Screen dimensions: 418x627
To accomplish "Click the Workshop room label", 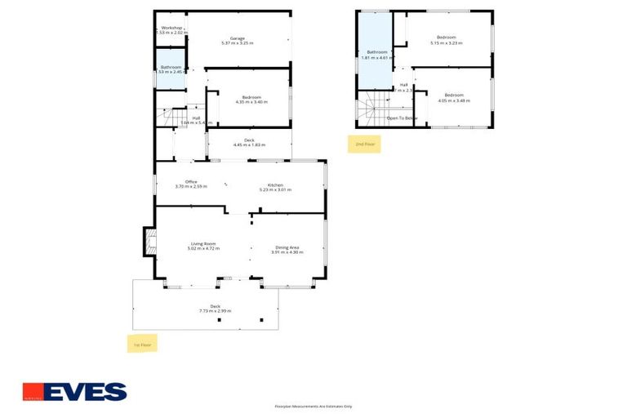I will coord(171,30).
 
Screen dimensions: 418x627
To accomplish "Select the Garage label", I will coord(238,40).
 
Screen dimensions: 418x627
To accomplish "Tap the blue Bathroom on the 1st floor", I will coord(171,69).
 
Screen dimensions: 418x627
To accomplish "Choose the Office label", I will coord(191,184).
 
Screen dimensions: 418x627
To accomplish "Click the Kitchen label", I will coord(275,187).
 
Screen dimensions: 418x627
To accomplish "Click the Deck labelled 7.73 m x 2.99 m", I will coord(215,309).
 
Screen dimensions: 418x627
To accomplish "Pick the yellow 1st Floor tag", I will coord(143,345).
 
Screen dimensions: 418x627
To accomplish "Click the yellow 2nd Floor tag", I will coord(364,144).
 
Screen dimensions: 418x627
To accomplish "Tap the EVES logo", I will coord(74,392).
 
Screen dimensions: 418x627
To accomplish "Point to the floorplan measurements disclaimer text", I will coord(313,406).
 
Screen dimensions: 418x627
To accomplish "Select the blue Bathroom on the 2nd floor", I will coord(376,55).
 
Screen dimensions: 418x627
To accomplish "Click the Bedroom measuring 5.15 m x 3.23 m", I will coord(447,40).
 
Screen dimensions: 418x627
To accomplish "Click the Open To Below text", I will coord(402,118).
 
